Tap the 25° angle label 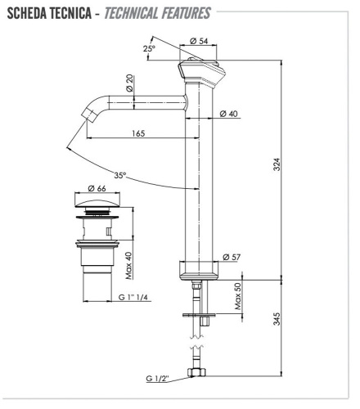149,49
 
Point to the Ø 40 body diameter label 229,114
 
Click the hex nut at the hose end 196,374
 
